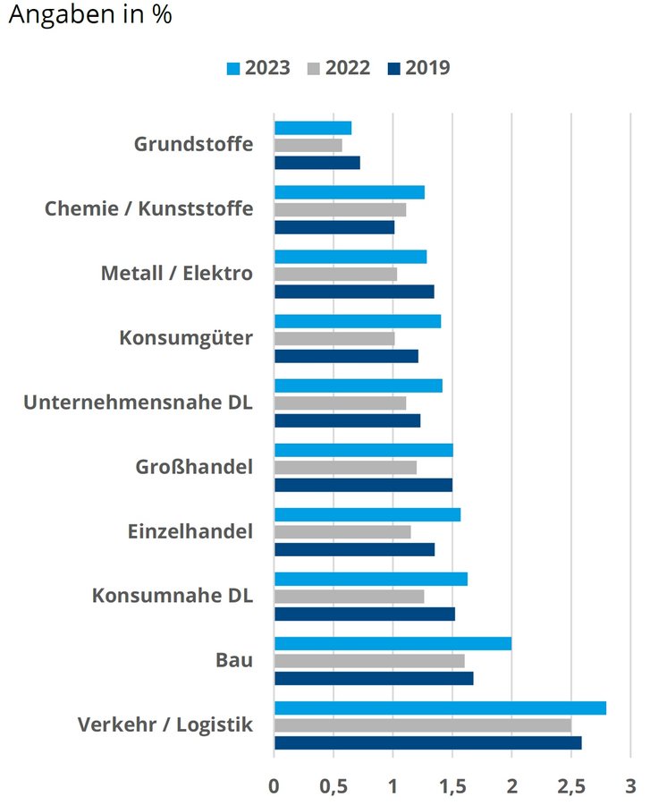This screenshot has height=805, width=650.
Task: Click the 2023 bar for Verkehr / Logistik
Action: coord(440,708)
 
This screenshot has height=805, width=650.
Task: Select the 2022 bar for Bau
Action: coord(369,661)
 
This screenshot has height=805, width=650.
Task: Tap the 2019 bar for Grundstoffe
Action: coord(317,163)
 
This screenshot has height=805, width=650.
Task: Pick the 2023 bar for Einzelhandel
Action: coord(367,514)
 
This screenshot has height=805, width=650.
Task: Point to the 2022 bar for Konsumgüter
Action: coord(334,338)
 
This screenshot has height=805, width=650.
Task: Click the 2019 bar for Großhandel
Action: coord(363,485)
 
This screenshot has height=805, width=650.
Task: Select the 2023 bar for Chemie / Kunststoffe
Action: coord(350,192)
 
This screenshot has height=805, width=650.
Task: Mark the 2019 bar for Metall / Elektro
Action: coord(354,292)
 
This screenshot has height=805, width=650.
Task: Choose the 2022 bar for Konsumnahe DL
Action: coord(349,597)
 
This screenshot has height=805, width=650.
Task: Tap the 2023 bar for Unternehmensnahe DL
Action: coord(359,386)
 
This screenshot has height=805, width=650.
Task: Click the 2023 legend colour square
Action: coord(234,68)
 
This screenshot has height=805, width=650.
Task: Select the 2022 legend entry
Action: coord(337,68)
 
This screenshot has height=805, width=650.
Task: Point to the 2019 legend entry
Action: coord(418,68)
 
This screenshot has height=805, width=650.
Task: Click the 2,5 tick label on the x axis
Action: coord(570,786)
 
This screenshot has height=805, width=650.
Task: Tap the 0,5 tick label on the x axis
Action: coord(333,786)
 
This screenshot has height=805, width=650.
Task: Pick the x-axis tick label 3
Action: coord(630,786)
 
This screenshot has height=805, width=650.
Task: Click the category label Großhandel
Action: coord(194,467)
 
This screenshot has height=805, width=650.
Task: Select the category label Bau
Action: coord(234,660)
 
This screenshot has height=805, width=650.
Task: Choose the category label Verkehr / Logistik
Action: coord(165,724)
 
